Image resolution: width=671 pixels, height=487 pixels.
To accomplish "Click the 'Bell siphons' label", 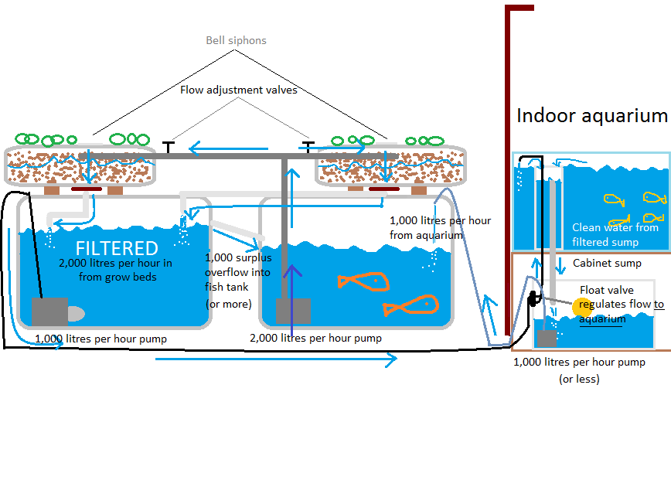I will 236,40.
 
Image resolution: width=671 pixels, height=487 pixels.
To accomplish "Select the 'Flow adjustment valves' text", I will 238,90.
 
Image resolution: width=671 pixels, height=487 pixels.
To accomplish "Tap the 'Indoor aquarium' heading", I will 591,117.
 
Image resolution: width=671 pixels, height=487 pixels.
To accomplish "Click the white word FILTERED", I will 117,248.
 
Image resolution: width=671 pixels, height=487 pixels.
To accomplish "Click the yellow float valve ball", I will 581,306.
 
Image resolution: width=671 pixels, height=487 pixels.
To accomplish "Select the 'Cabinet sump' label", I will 606,263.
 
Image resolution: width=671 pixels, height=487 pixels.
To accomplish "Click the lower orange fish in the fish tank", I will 409,307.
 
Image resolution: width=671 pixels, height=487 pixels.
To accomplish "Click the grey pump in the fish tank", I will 293,310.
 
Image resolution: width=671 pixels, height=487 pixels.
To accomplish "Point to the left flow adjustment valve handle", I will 168,146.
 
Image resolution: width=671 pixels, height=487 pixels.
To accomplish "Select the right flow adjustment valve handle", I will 308,146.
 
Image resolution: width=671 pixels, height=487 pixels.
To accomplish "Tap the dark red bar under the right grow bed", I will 383,188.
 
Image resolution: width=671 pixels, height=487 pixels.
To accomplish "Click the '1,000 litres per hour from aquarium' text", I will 440,227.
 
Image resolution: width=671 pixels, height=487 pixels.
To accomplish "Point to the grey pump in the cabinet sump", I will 547,339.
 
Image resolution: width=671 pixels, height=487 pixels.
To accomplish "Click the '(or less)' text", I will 579,379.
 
